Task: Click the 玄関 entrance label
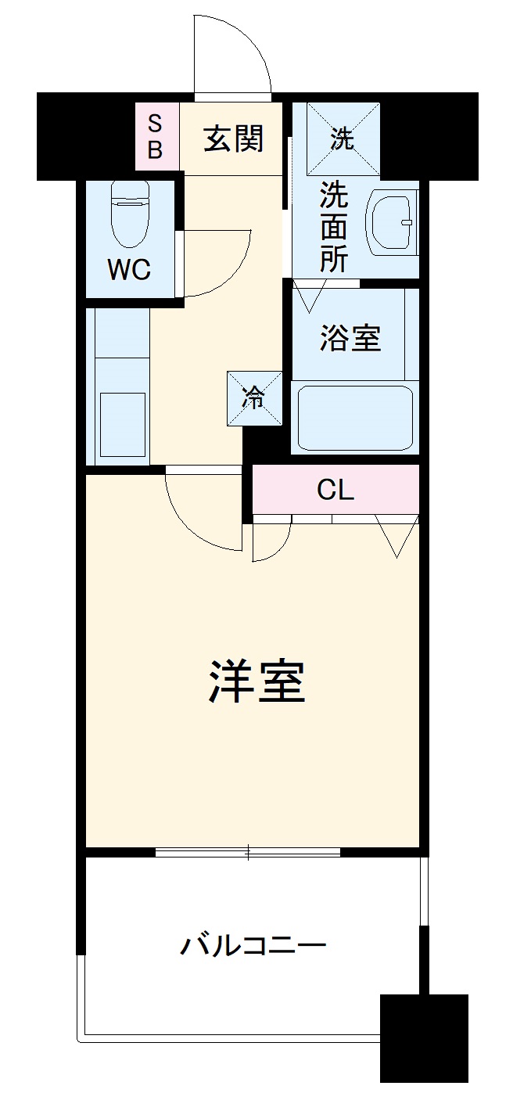pyautogui.click(x=233, y=138)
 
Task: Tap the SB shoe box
pyautogui.click(x=155, y=137)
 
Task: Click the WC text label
pyautogui.click(x=129, y=270)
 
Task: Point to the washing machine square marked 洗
pyautogui.click(x=343, y=138)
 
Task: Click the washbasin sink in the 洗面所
pyautogui.click(x=392, y=222)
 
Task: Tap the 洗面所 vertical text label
pyautogui.click(x=333, y=228)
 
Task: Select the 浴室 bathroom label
pyautogui.click(x=350, y=338)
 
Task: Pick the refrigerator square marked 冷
pyautogui.click(x=254, y=398)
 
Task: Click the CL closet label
pyautogui.click(x=335, y=490)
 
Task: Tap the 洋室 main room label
pyautogui.click(x=257, y=681)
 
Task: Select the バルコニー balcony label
pyautogui.click(x=253, y=946)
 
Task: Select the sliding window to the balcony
pyautogui.click(x=248, y=851)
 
